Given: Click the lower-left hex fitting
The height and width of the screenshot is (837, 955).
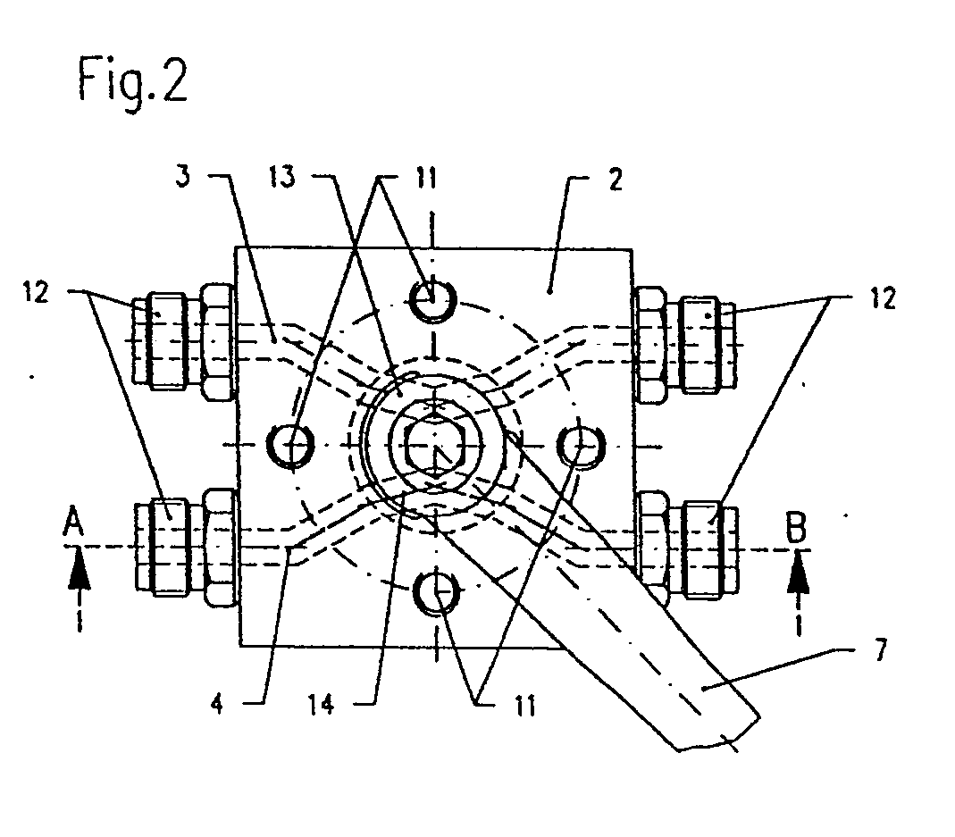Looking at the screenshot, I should [183, 544].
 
